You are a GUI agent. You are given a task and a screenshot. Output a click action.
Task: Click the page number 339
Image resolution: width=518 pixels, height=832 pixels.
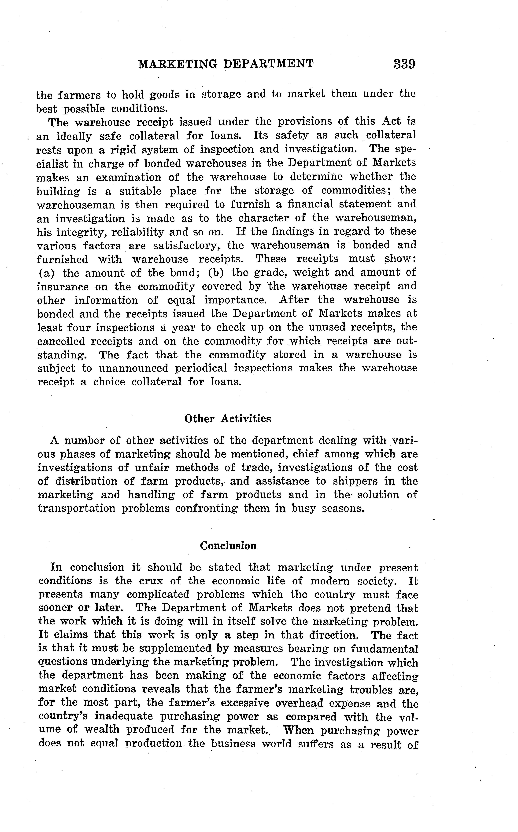(x=405, y=64)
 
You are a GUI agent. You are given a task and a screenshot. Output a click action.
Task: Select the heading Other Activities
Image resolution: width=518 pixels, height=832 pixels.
(x=228, y=419)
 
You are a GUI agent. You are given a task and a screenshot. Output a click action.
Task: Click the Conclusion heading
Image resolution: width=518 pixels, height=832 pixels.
(x=228, y=545)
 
